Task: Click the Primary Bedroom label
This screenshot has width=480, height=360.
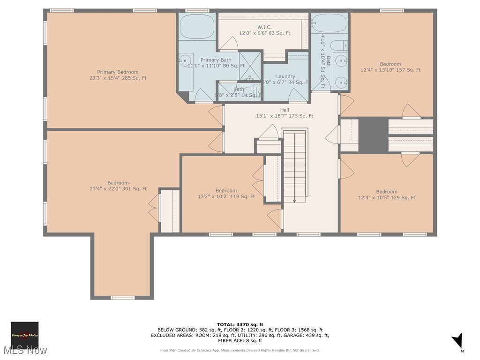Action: point(118,75)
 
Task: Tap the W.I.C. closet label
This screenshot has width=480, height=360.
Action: point(264,30)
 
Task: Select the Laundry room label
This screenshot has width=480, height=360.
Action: point(285,79)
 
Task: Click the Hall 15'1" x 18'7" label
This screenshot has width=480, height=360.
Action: point(285,113)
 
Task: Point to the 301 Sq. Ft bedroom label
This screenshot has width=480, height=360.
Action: point(118,186)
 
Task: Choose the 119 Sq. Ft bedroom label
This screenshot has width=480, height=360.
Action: point(226,194)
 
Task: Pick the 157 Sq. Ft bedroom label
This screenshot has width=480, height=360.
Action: point(390,67)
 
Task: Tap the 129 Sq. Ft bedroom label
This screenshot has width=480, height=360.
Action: point(386,195)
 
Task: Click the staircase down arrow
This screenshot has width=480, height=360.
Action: point(294,200)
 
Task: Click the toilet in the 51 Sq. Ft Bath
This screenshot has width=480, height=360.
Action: point(337,45)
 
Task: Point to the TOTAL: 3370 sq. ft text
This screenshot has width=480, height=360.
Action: point(240,324)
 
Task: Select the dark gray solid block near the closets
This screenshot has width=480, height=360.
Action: point(373,135)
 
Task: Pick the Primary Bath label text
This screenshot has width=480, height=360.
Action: point(216,60)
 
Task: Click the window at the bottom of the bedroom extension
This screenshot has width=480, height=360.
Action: point(122,297)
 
